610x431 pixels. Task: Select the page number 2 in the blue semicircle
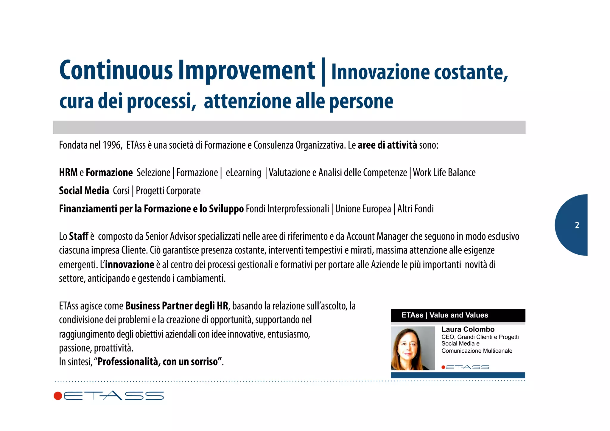coord(577,225)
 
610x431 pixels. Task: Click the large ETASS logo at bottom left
coord(109,396)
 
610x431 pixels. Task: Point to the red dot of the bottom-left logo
coord(58,396)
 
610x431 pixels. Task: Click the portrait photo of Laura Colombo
coord(413,348)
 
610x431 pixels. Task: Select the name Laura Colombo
coord(468,329)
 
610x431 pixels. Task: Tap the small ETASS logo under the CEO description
coord(465,367)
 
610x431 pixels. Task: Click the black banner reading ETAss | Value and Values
coord(458,315)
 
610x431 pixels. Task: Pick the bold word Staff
coord(79,236)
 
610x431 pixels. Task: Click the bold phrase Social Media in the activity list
coord(84,191)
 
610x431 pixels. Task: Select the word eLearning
coord(243,173)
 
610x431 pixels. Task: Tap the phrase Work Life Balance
coord(444,173)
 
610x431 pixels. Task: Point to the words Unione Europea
coord(363,209)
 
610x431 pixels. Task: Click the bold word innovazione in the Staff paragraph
coord(130,264)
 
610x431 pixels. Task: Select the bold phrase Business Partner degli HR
coord(177,306)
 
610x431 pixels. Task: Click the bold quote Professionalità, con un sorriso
coord(158,362)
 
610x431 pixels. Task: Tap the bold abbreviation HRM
coord(68,173)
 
